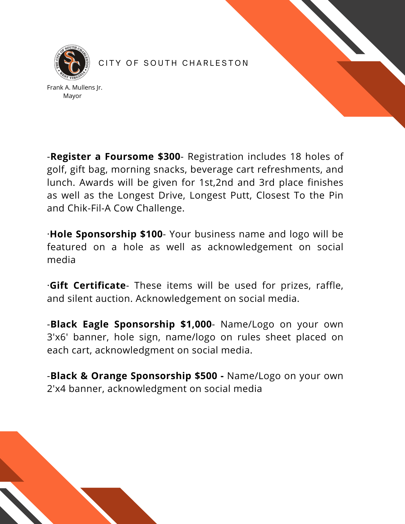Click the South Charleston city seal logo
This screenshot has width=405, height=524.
72,62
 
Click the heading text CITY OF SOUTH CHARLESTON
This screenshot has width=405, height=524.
173,63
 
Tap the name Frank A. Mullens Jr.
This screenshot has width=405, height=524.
74,88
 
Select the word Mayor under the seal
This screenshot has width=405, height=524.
72,96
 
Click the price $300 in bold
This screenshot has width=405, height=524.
169,156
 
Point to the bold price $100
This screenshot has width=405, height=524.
151,234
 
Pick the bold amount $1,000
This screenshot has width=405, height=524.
196,324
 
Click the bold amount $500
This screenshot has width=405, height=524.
206,376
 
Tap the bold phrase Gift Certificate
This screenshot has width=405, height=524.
88,285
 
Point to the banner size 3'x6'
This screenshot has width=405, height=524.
57,337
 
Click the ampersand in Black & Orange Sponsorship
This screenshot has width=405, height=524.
84,376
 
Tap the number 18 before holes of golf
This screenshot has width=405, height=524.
295,156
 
